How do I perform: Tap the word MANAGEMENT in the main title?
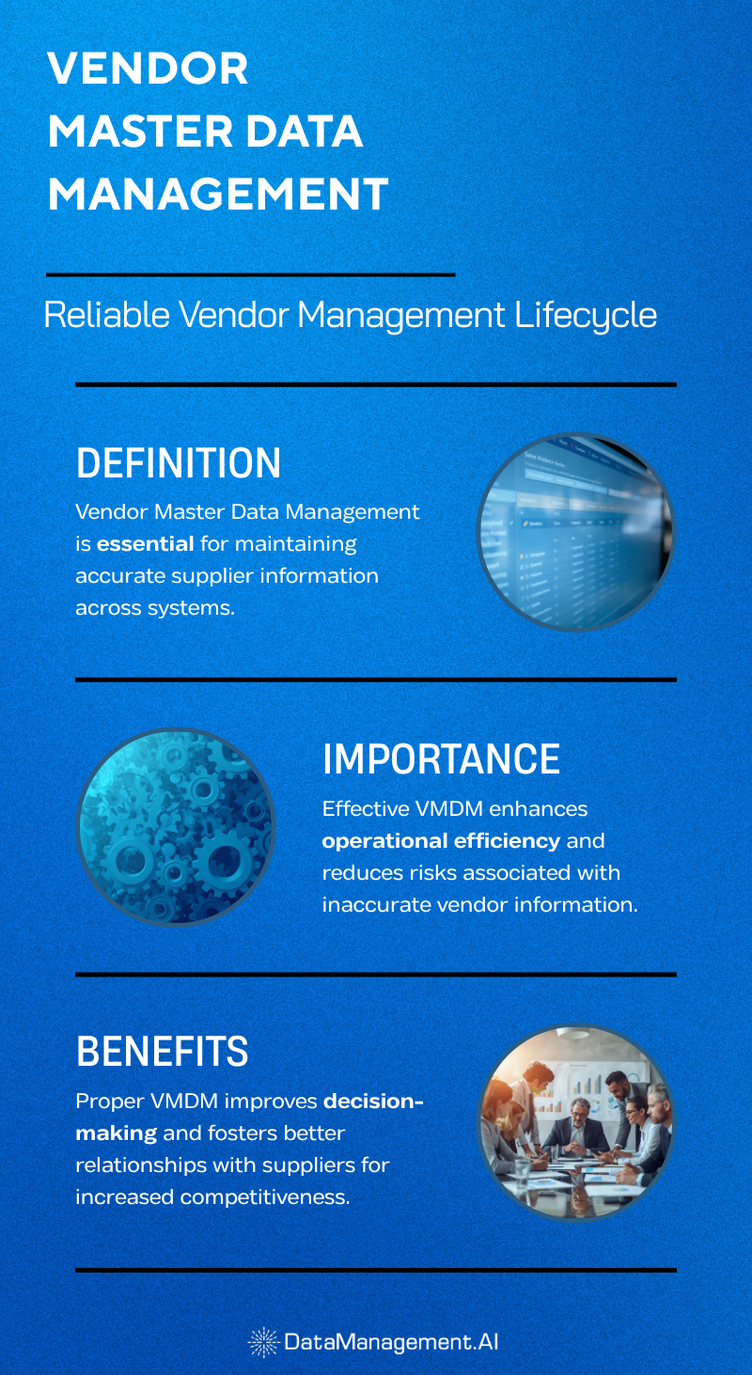click(217, 194)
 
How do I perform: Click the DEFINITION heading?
click(178, 463)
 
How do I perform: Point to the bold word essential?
click(145, 544)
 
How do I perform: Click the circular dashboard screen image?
click(575, 531)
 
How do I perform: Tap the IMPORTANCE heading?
click(441, 759)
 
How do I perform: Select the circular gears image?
click(175, 826)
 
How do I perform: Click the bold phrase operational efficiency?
click(441, 840)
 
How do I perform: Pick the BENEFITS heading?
click(162, 1052)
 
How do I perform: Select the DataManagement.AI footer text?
click(390, 1342)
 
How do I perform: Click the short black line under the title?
click(250, 274)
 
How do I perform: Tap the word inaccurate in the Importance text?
click(372, 904)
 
